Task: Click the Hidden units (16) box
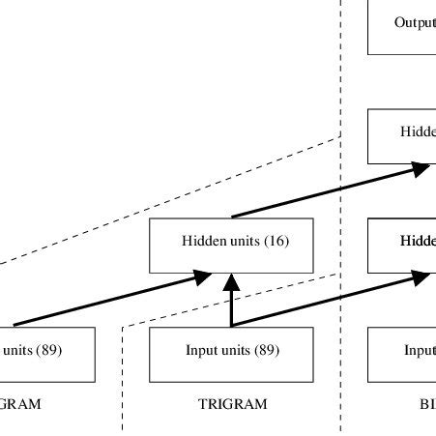click(x=231, y=246)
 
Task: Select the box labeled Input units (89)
click(x=231, y=353)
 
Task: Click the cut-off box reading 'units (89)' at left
click(x=47, y=353)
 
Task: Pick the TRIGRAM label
click(x=231, y=405)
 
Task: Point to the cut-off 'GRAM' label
click(x=21, y=405)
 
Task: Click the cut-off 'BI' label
click(x=425, y=405)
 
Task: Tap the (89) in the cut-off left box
click(x=48, y=350)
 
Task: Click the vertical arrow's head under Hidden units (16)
click(x=231, y=281)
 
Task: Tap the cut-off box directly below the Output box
click(x=402, y=135)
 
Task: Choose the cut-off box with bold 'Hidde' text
click(x=402, y=246)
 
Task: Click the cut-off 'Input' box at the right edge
click(x=402, y=353)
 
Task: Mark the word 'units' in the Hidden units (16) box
click(x=241, y=241)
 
